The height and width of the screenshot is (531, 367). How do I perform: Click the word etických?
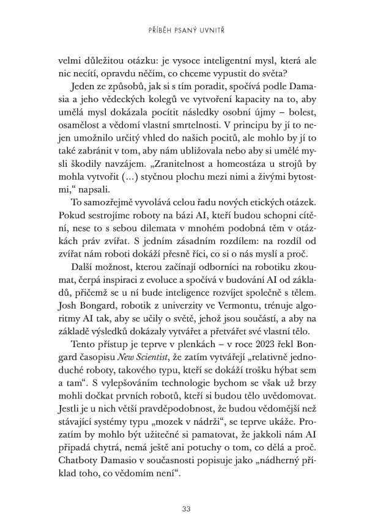pyautogui.click(x=259, y=201)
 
